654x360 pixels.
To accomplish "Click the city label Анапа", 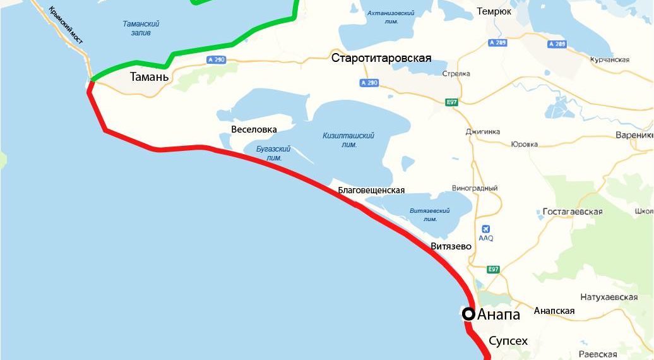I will coord(499,315).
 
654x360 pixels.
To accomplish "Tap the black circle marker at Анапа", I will coord(468,313).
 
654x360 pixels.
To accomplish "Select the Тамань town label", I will coord(149,77).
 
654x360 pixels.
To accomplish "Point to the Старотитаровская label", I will coord(381,58).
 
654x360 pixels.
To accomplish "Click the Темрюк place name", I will coord(494,11).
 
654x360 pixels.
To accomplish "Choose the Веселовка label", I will coord(254,129).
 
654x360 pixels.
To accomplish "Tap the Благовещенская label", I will coord(371,190).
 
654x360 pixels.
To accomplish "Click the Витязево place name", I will coord(451,246).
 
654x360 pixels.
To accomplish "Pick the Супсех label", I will coord(508,341).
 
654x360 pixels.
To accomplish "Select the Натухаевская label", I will coord(609,297).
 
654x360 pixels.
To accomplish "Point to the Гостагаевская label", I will coord(573,212).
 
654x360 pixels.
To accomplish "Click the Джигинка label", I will coord(482,132).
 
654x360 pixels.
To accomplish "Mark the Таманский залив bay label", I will coord(141,28).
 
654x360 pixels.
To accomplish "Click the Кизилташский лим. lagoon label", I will coord(348,140).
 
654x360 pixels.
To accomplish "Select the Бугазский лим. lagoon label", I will coord(273,153).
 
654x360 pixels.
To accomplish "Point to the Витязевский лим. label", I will coord(429,215).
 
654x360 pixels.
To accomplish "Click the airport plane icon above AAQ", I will coord(485,229).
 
